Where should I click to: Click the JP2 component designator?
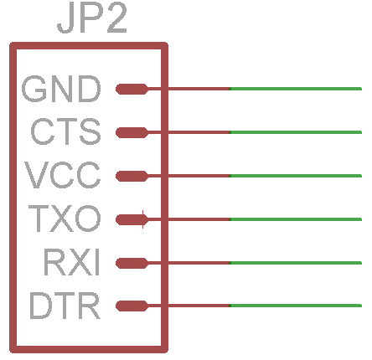click(x=92, y=18)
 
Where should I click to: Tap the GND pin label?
click(x=61, y=89)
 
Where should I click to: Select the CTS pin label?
click(x=65, y=131)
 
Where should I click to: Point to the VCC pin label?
click(x=63, y=175)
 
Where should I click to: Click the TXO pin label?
click(x=65, y=219)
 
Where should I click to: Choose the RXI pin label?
click(x=72, y=262)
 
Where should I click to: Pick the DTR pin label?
click(x=65, y=306)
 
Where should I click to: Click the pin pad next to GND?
click(x=132, y=89)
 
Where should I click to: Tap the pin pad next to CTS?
click(x=132, y=132)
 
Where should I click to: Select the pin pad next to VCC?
click(x=132, y=176)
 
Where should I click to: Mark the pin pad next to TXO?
click(x=132, y=219)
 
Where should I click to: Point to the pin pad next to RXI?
click(x=132, y=263)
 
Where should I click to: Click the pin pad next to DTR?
click(x=132, y=306)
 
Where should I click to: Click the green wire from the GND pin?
click(x=296, y=89)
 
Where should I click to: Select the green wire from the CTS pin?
click(x=296, y=132)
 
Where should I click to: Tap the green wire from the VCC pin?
click(x=296, y=176)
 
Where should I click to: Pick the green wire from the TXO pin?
click(x=296, y=219)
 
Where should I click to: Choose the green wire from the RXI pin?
click(x=296, y=263)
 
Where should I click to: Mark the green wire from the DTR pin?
click(x=296, y=306)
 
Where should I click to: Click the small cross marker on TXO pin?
click(x=143, y=219)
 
